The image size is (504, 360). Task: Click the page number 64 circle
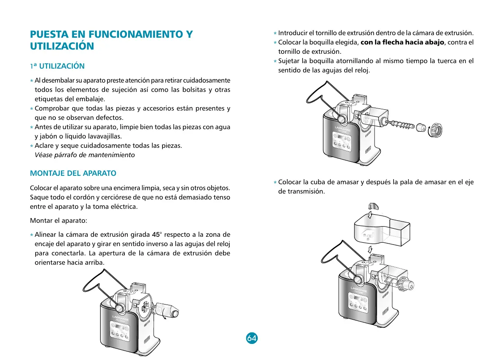click(x=252, y=338)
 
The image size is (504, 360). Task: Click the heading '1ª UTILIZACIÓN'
click(x=57, y=66)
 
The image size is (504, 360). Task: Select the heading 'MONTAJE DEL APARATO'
click(x=73, y=173)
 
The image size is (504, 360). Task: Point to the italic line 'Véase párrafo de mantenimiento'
click(x=85, y=155)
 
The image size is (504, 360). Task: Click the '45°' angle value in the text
click(x=157, y=235)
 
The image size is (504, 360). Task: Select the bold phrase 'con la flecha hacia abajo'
click(x=402, y=42)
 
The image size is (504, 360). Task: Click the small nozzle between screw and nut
click(x=421, y=127)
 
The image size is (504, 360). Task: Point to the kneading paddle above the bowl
click(x=372, y=206)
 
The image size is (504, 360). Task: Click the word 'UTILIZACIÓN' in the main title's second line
click(x=62, y=46)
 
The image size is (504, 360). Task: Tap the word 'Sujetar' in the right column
click(x=289, y=61)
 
